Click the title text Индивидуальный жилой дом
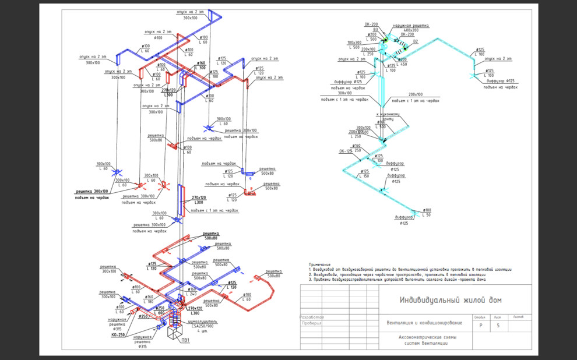coord(450,300)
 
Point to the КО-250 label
coord(119,335)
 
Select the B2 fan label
coord(416,42)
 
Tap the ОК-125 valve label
coord(346,151)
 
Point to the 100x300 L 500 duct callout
coord(354,45)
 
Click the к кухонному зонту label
coord(388,117)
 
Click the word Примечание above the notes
coord(320,264)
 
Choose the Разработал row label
coord(311,317)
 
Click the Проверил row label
coord(311,323)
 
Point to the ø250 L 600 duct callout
coord(159,310)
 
